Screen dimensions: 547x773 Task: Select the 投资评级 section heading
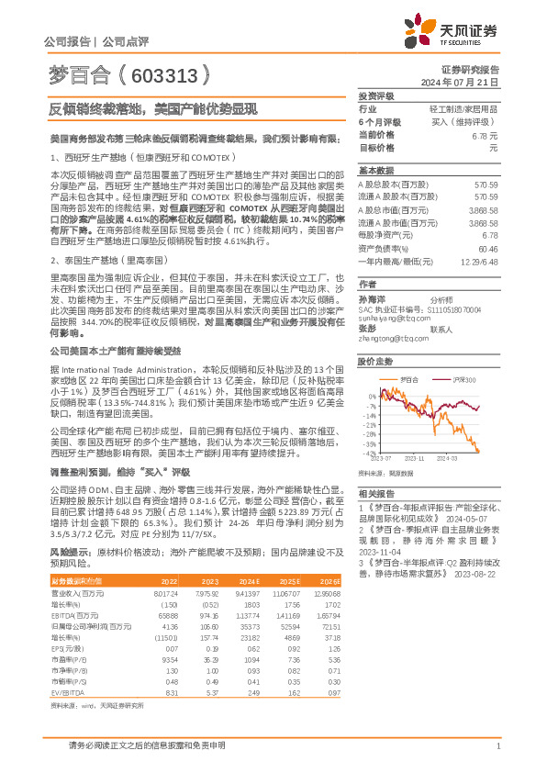(x=375, y=95)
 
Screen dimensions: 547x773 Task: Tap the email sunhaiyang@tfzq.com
(x=389, y=310)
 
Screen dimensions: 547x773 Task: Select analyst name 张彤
(x=367, y=328)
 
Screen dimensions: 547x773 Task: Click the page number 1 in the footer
(x=497, y=746)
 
